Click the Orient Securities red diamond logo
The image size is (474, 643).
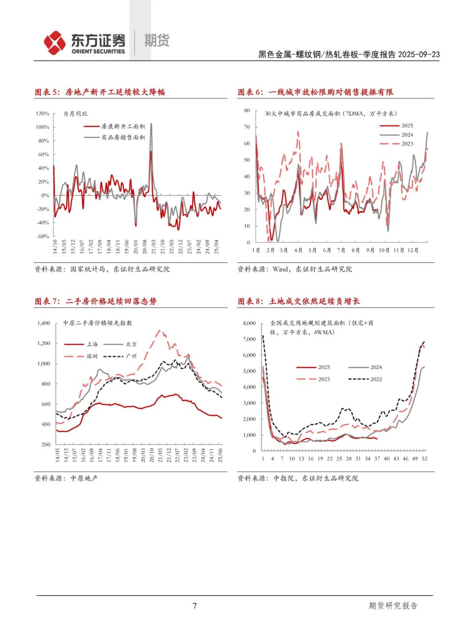(x=55, y=43)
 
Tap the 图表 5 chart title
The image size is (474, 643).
(x=100, y=92)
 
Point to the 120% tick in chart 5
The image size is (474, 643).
(x=43, y=114)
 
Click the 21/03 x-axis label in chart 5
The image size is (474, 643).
(x=154, y=246)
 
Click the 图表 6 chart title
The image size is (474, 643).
(x=315, y=92)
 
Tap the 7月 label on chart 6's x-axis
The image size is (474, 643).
(x=341, y=250)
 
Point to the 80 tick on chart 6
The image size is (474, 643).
(x=247, y=111)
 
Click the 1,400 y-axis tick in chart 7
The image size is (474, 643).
(x=44, y=323)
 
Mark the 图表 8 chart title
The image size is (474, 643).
(x=298, y=301)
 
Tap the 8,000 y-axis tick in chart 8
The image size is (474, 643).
(x=249, y=323)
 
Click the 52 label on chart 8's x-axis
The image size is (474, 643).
(x=424, y=459)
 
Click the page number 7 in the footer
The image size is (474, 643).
(x=195, y=606)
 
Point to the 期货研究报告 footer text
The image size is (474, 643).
(x=393, y=606)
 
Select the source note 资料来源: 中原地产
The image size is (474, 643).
(x=66, y=478)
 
